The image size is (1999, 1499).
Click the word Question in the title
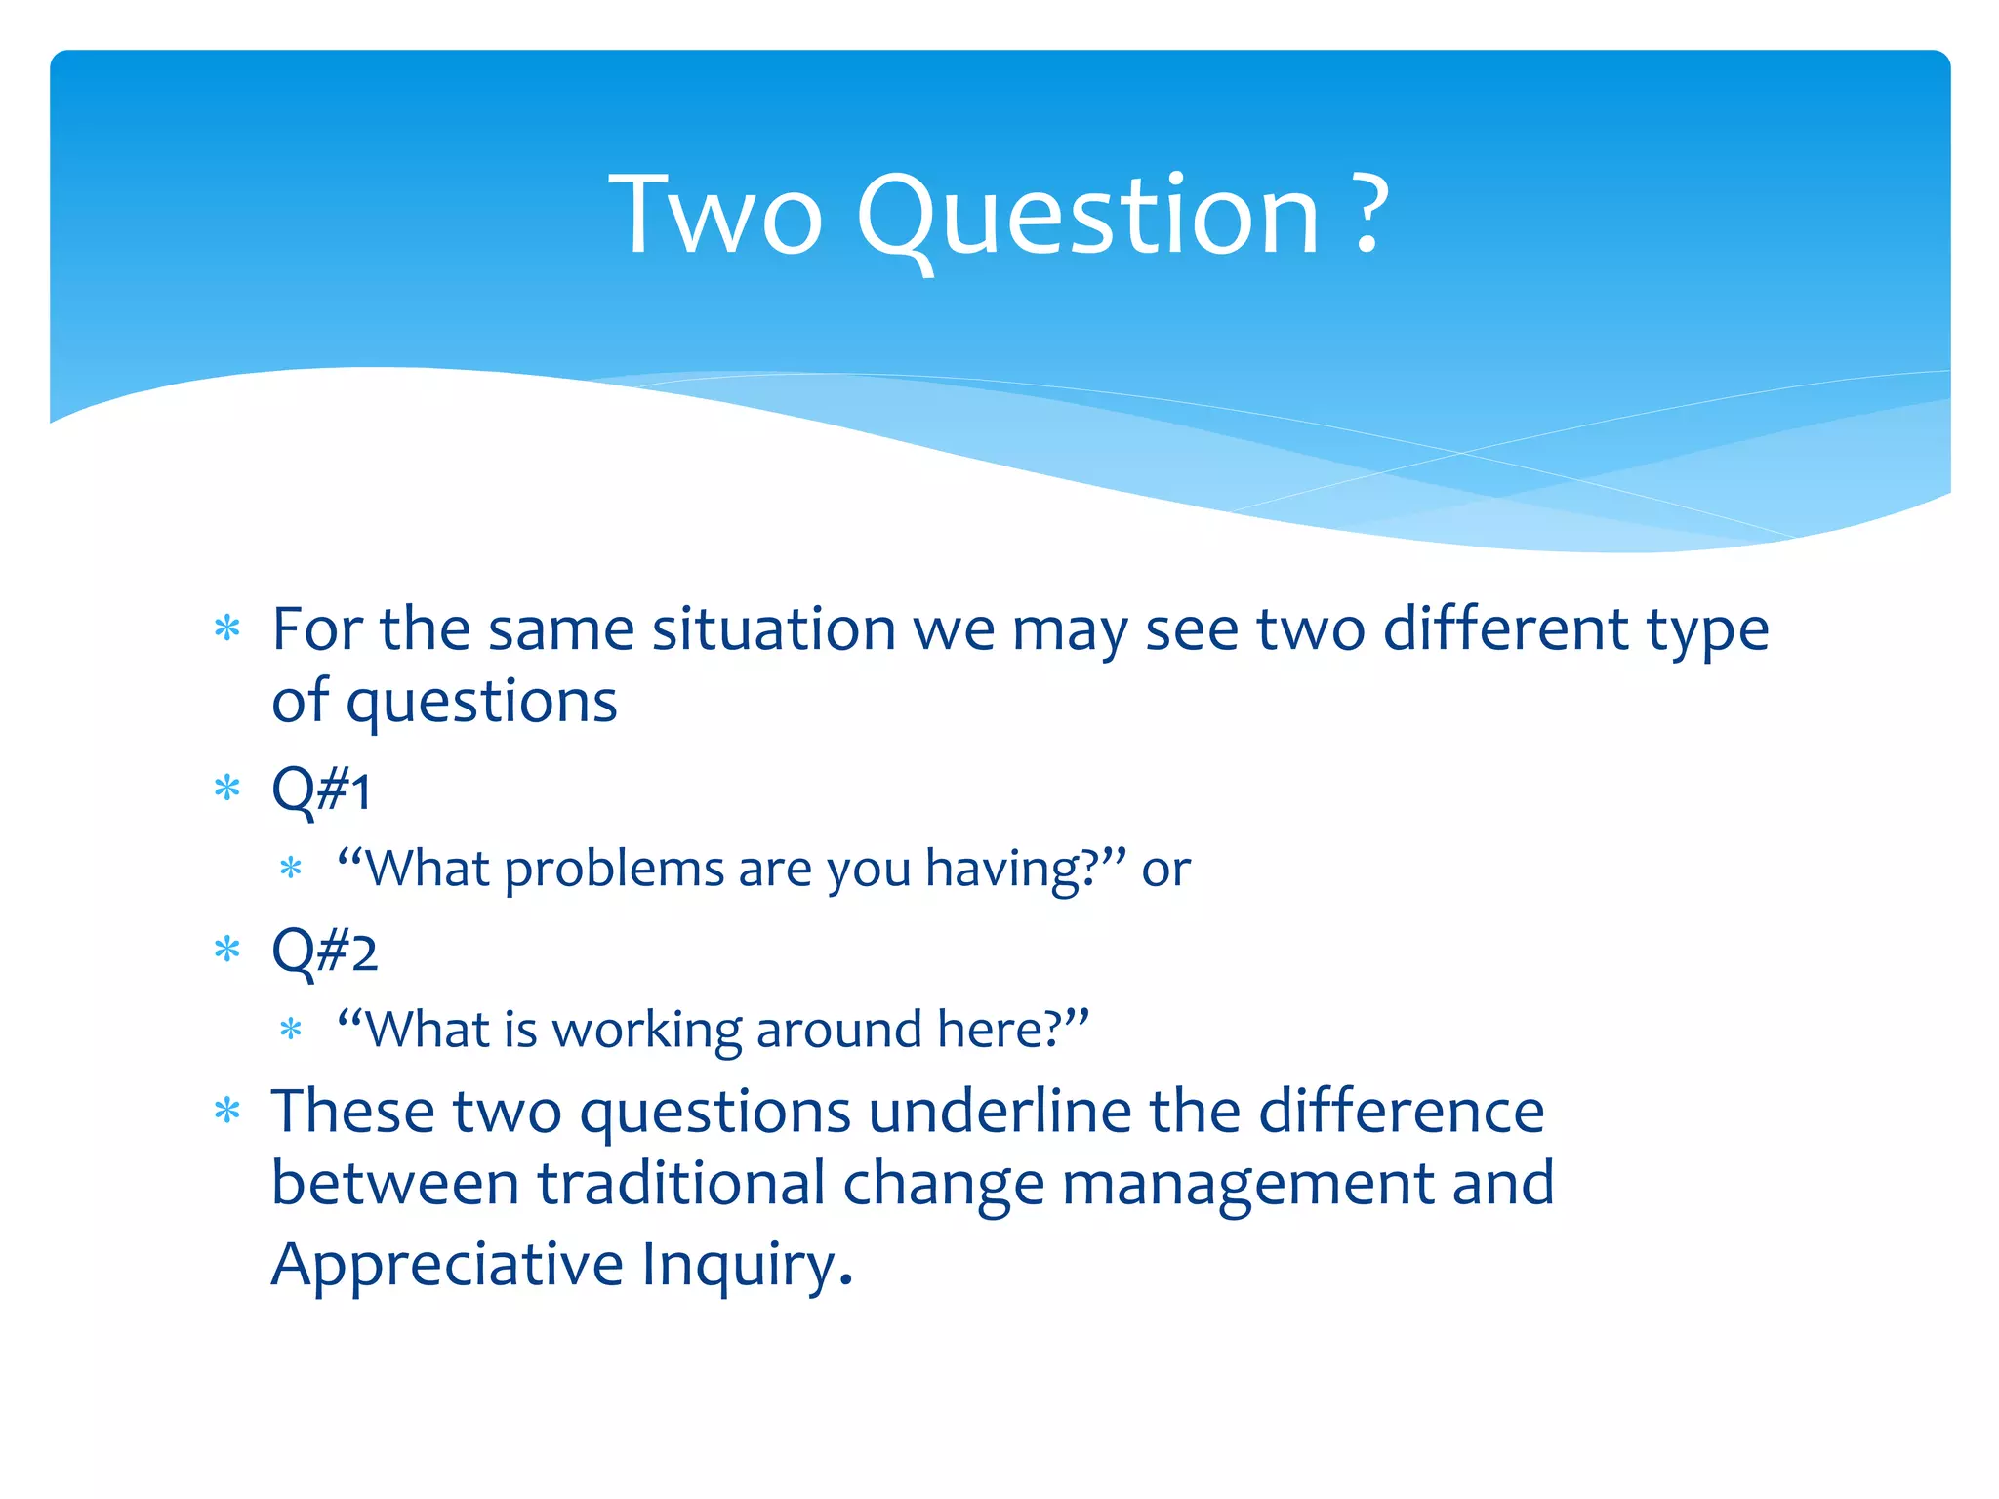[1088, 217]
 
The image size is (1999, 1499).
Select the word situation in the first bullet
[774, 628]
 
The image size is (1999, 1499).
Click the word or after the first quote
[1165, 869]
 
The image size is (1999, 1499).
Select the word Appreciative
[447, 1265]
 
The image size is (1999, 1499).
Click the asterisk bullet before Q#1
[227, 788]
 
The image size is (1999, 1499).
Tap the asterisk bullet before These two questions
[227, 1111]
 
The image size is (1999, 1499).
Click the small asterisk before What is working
[291, 1029]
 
